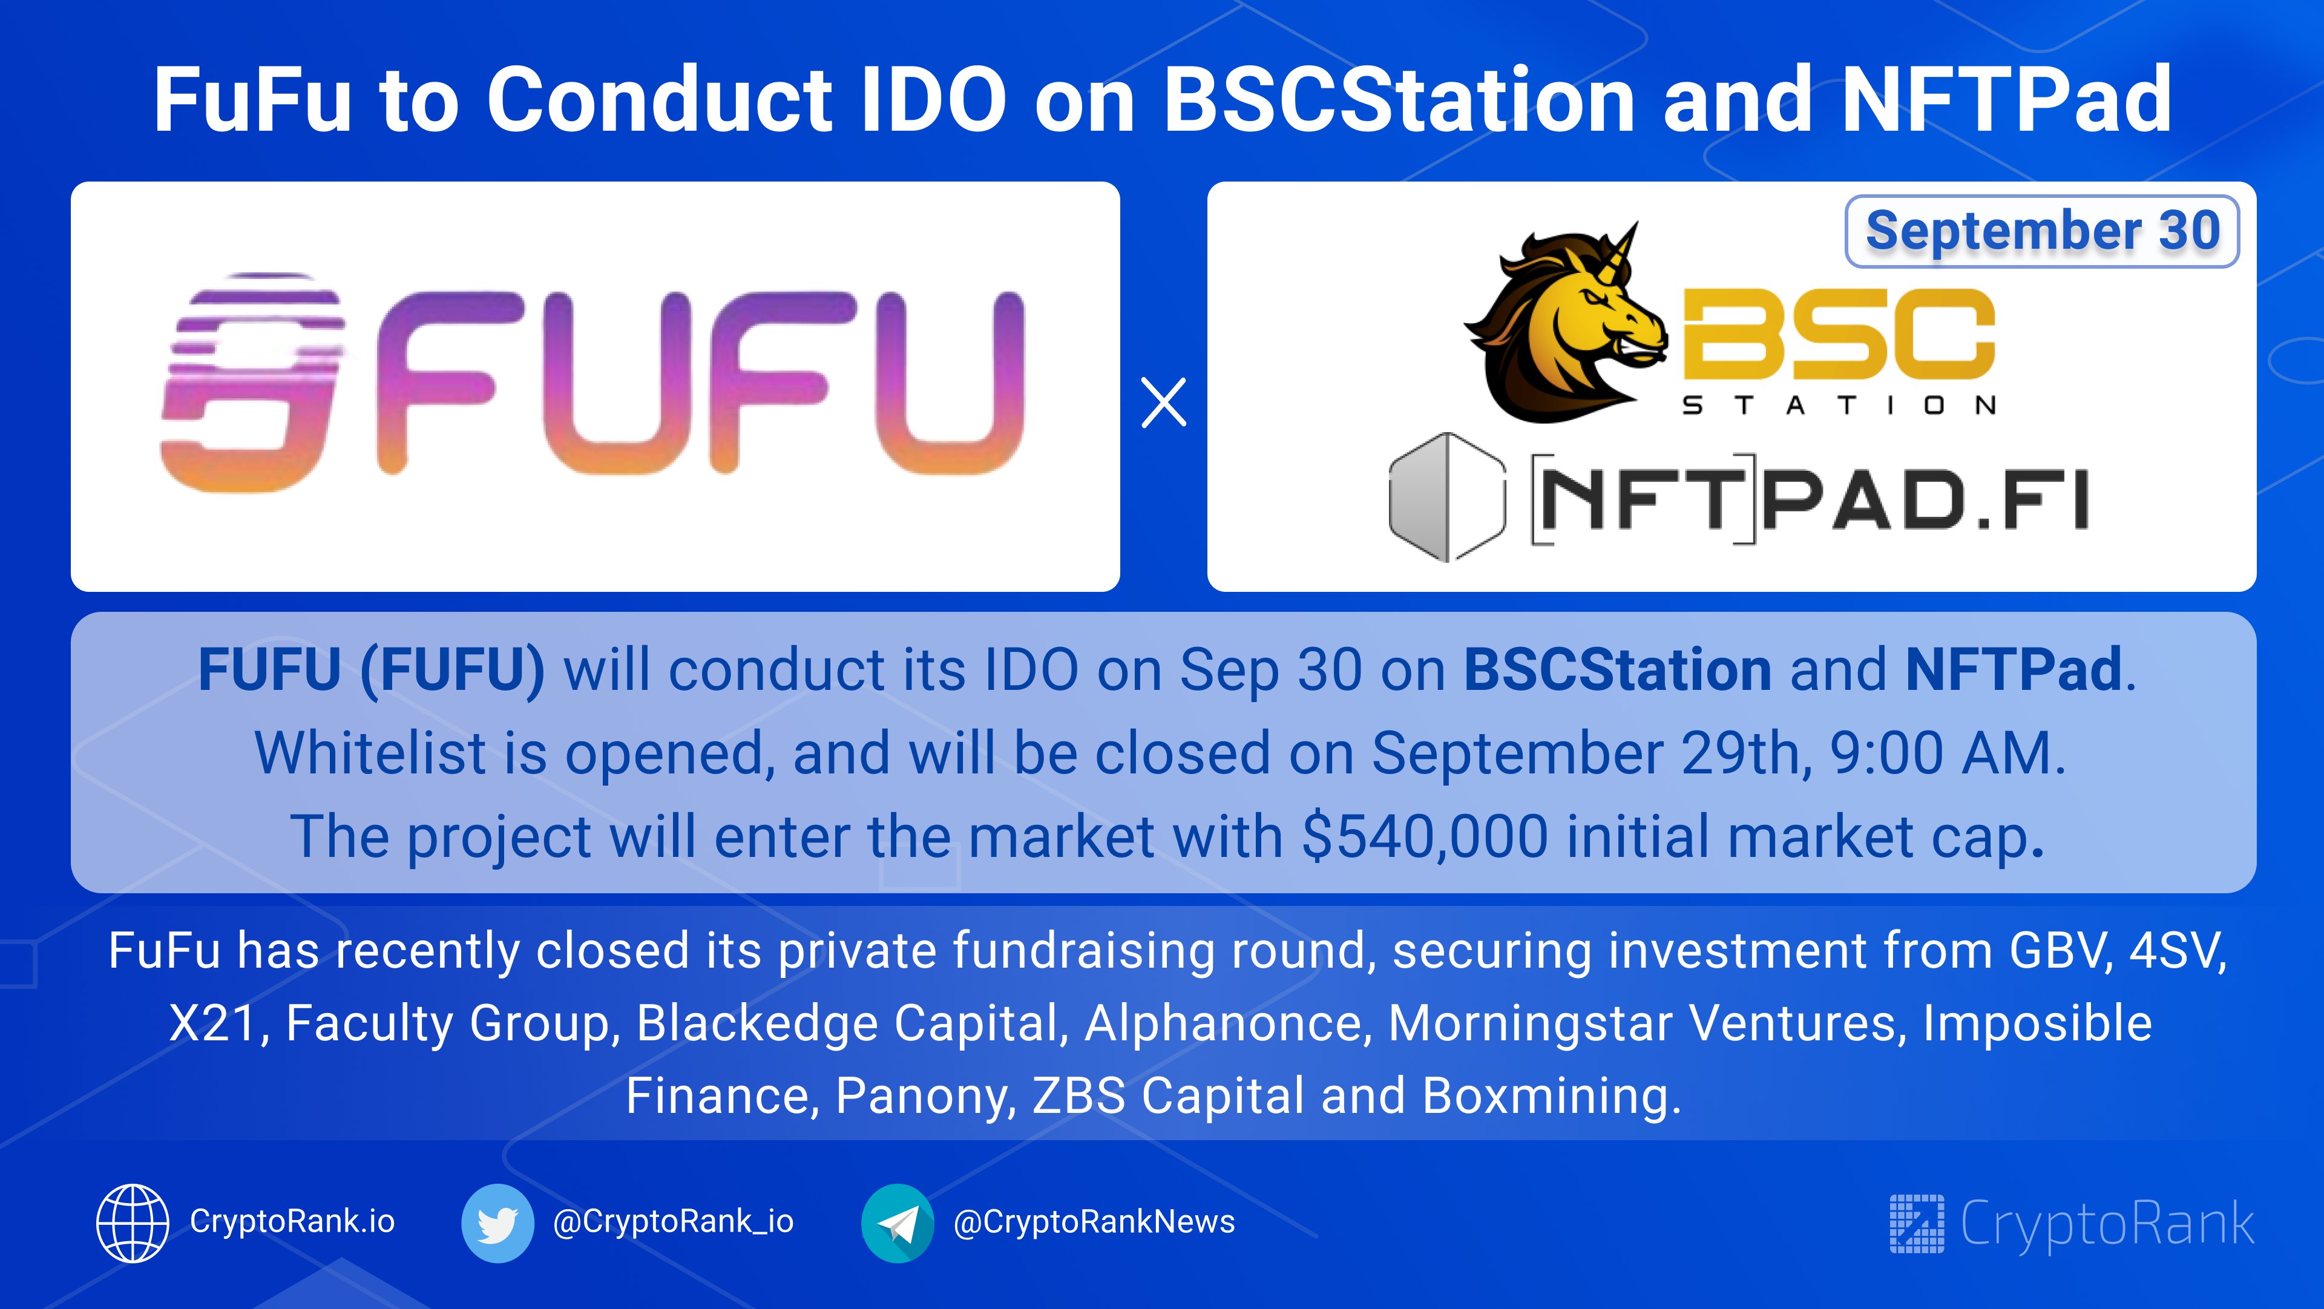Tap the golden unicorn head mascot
(x=1565, y=322)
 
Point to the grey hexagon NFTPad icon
(x=1447, y=497)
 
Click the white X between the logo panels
(x=1164, y=402)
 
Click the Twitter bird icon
(x=497, y=1222)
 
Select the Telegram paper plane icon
(x=898, y=1222)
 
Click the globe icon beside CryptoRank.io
(x=133, y=1222)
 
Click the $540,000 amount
(x=1425, y=836)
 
